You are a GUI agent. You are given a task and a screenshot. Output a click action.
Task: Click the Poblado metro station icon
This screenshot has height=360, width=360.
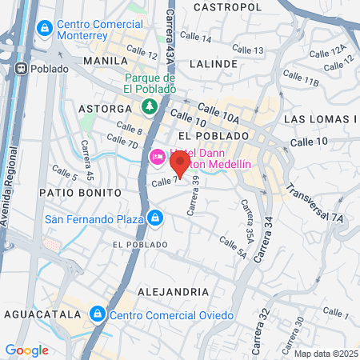click(21, 68)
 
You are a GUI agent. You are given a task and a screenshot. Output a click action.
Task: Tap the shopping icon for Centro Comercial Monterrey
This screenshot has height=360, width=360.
click(45, 30)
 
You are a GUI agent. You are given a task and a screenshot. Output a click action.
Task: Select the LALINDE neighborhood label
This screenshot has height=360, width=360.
click(214, 62)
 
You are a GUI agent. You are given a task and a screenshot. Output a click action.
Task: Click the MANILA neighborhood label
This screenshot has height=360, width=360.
click(105, 61)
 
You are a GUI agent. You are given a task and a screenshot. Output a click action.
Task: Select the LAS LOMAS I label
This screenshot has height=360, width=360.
click(321, 119)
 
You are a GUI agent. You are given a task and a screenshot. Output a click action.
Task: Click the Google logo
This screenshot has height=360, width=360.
click(26, 350)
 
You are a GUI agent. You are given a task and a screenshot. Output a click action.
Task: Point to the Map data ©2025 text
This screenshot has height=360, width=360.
click(325, 354)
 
